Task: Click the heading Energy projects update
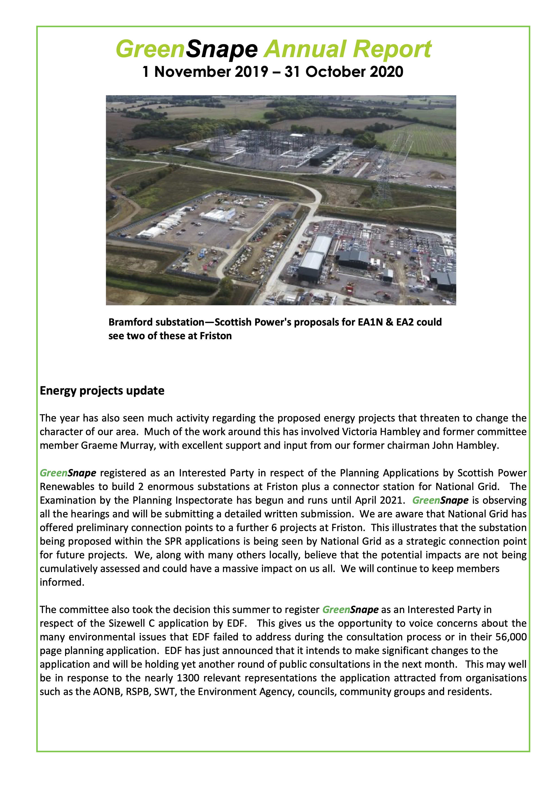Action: [102, 391]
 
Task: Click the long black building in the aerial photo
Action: [324, 155]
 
